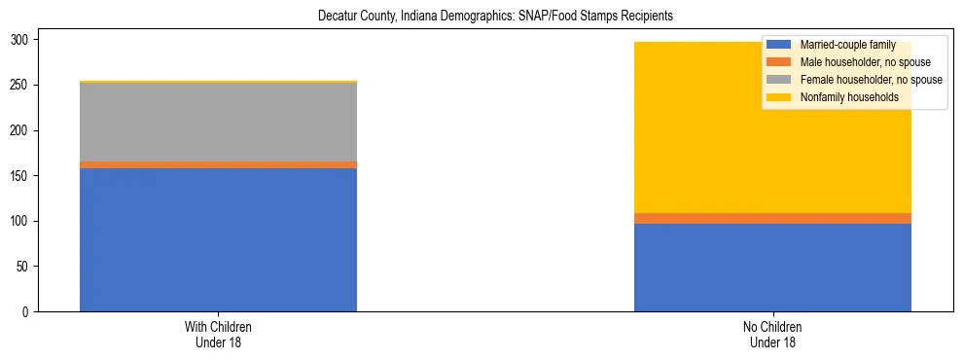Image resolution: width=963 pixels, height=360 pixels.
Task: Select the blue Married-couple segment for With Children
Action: click(218, 239)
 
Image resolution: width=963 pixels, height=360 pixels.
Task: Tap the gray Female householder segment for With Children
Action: click(218, 122)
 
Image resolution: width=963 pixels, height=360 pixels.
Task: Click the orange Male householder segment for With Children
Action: click(218, 164)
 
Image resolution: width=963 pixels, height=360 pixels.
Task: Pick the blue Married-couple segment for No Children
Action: click(772, 268)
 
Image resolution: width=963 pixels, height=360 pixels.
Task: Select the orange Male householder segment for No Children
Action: click(772, 218)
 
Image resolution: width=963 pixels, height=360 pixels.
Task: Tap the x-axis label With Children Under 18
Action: click(218, 335)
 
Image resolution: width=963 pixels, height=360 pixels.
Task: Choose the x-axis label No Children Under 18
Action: click(772, 335)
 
